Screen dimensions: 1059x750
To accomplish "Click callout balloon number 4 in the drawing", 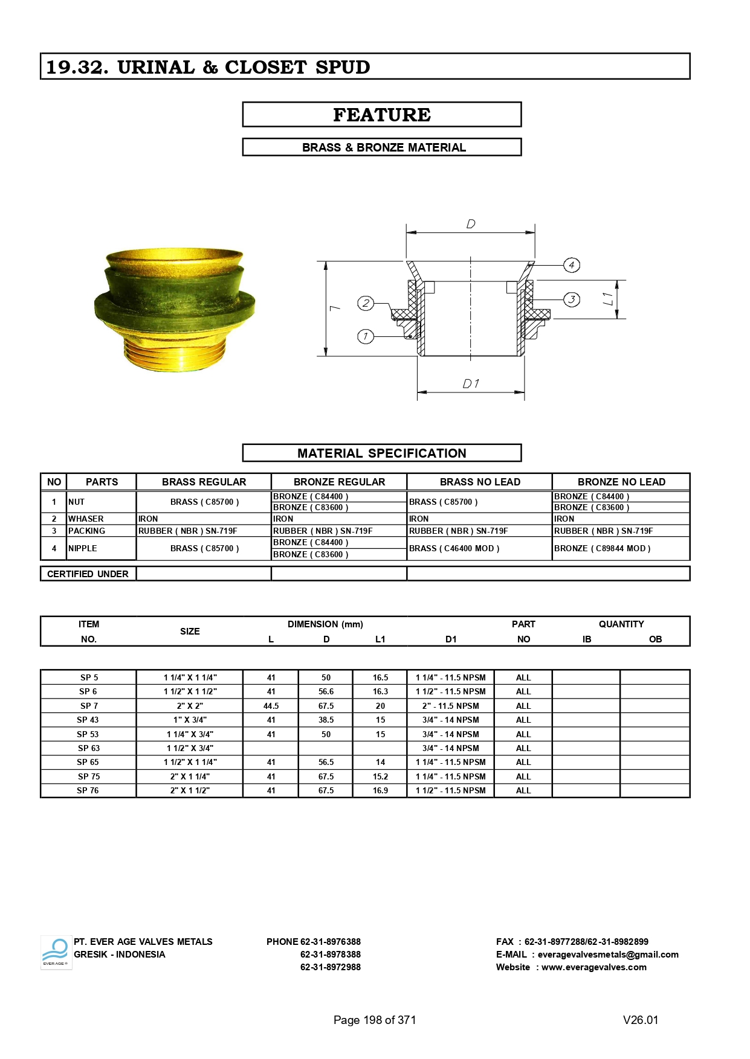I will pos(571,264).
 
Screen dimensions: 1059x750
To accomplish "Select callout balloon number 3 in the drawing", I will pos(571,299).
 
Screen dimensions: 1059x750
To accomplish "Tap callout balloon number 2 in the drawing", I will pos(366,303).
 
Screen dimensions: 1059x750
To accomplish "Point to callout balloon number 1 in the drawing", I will pos(366,336).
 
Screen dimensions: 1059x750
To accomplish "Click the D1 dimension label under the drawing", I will pos(471,384).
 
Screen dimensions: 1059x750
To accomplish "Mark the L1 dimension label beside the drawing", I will pos(608,299).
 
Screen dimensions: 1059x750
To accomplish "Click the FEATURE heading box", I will pos(381,115).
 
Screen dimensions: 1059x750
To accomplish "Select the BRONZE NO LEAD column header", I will pos(621,482).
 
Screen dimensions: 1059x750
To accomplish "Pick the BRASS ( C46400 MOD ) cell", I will pos(454,548).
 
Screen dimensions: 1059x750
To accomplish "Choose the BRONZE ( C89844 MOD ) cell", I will pos(602,548).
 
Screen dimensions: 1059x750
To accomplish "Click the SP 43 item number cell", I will pos(88,720).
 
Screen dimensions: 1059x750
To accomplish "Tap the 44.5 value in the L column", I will pos(271,706).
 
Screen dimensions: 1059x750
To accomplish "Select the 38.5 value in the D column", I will pos(326,720).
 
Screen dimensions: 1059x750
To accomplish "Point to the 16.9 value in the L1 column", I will pos(380,790).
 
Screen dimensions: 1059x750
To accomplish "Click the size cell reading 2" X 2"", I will pos(190,706).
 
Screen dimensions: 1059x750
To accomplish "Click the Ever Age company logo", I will pos(56,952).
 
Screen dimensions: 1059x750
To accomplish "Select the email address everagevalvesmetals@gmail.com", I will pos(607,955).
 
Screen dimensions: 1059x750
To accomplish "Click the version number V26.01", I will pos(640,1020).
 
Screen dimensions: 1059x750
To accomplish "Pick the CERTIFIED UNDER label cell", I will pos(88,574).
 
